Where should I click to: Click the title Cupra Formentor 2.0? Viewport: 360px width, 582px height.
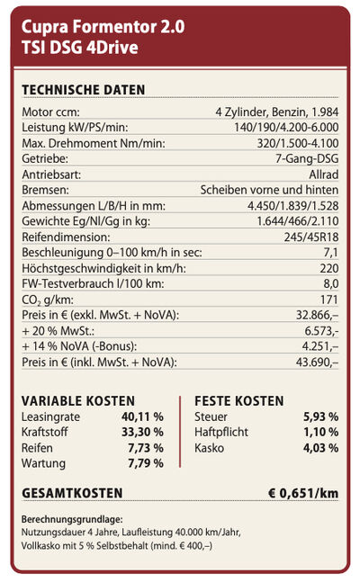[103, 27]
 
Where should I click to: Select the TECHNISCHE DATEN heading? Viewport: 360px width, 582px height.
[83, 90]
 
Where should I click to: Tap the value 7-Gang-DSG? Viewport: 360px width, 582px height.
[307, 159]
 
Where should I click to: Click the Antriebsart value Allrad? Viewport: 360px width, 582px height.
[324, 175]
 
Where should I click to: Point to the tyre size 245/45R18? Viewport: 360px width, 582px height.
[311, 237]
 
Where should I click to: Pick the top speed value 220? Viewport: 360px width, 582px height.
[329, 268]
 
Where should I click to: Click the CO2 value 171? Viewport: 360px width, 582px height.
[329, 300]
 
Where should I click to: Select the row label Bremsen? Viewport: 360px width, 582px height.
[45, 190]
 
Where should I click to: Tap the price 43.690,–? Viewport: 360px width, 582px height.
[318, 362]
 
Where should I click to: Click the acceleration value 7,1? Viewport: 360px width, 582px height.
[330, 253]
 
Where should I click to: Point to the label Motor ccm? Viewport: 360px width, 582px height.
[50, 112]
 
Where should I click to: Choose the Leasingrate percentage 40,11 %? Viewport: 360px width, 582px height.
[143, 416]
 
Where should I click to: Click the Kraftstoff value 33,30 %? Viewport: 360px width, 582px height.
[143, 432]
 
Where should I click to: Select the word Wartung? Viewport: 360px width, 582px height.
[43, 463]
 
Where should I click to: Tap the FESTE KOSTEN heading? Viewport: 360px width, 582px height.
[238, 401]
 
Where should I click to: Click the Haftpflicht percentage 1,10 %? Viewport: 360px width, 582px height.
[321, 432]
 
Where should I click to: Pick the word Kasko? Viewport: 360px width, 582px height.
[209, 448]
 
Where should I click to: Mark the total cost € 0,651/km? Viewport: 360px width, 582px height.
[303, 493]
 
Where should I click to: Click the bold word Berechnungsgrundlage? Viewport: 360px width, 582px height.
[72, 520]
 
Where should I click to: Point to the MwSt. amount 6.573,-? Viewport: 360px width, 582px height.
[321, 331]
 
